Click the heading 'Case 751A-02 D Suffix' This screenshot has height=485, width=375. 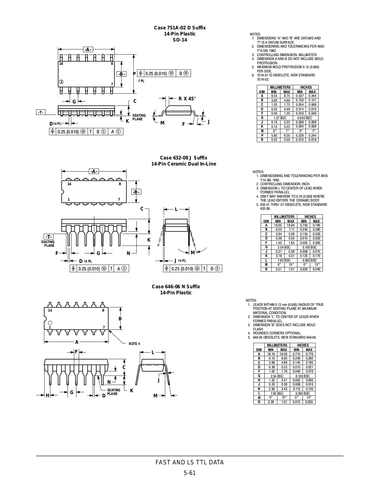[180, 28]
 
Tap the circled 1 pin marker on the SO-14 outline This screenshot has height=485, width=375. [61, 82]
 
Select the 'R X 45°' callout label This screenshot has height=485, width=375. [187, 99]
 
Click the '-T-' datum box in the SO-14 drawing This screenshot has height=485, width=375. [41, 112]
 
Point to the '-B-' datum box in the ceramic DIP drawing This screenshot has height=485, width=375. [136, 192]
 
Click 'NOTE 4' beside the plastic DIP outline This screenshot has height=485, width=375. [134, 344]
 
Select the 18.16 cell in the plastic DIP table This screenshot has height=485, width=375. [271, 354]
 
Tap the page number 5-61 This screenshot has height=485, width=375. [189, 473]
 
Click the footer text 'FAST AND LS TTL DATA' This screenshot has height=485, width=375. [189, 463]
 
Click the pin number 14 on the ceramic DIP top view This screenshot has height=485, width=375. [69, 184]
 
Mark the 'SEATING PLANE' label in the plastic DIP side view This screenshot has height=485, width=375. [114, 392]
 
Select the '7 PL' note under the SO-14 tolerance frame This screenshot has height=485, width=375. [141, 81]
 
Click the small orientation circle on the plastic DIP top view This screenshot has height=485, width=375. [50, 323]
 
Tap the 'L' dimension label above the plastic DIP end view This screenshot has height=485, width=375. [153, 352]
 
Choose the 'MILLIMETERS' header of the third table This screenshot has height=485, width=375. [277, 345]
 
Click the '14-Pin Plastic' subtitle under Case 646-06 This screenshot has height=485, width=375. [176, 293]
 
